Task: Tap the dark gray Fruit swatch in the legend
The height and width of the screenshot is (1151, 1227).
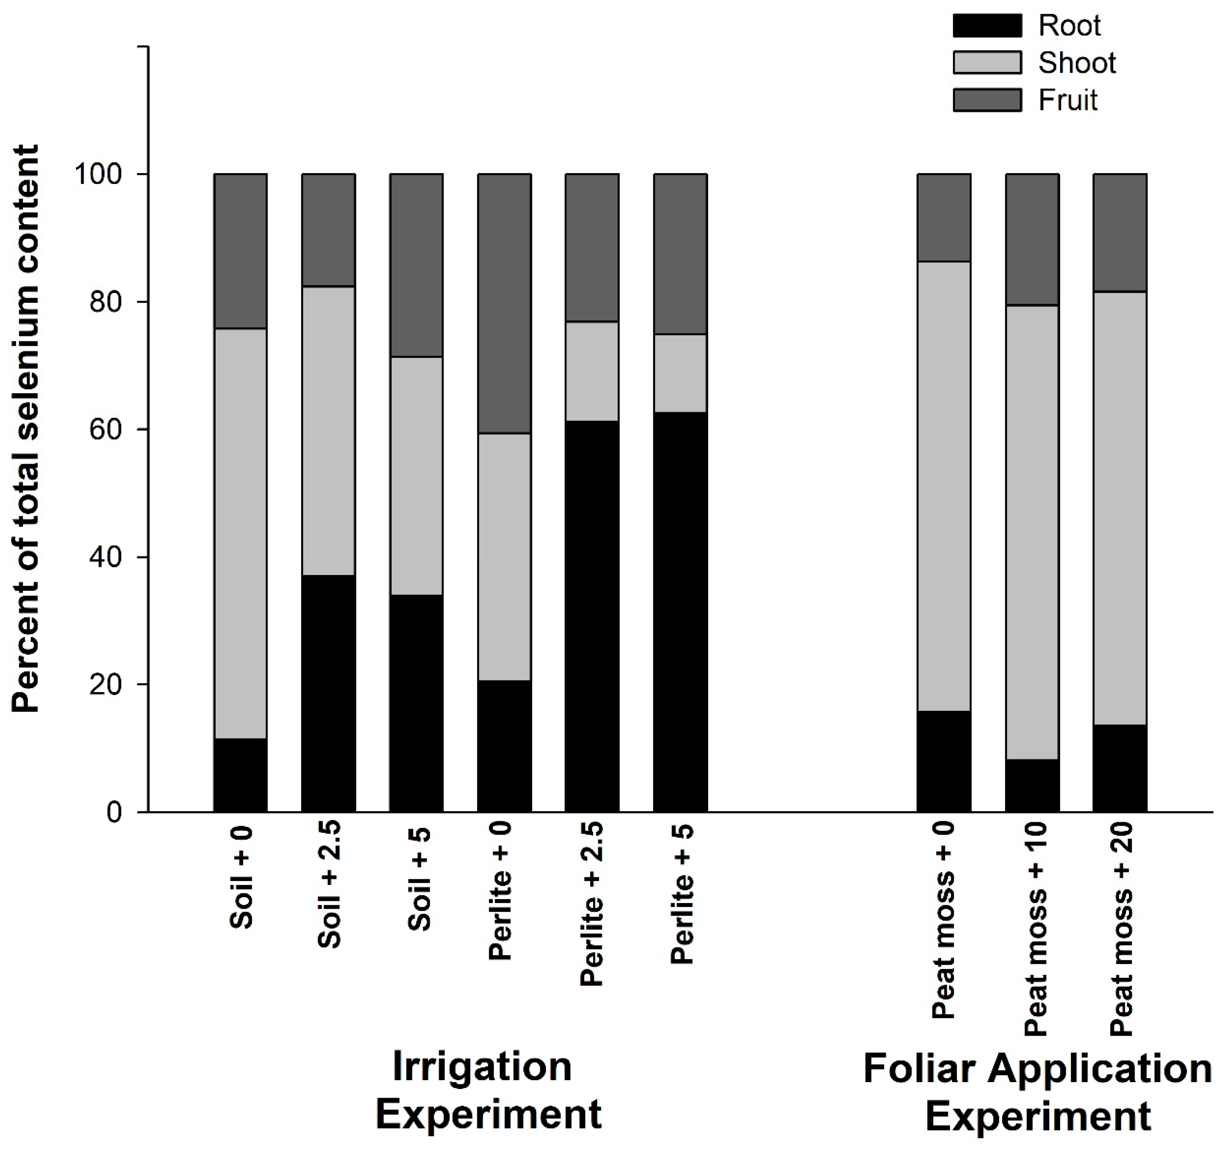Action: tap(986, 100)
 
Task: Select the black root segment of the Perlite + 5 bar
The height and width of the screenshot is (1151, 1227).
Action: tap(680, 611)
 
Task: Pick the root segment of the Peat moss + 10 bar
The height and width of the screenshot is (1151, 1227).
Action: tap(1032, 785)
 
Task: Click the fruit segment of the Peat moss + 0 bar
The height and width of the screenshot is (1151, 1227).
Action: tap(944, 218)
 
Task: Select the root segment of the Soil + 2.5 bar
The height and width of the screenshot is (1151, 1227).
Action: tap(328, 693)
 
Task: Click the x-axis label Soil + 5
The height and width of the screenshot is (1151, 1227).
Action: tap(420, 880)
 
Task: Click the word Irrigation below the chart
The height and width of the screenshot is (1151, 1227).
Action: tap(482, 1066)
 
